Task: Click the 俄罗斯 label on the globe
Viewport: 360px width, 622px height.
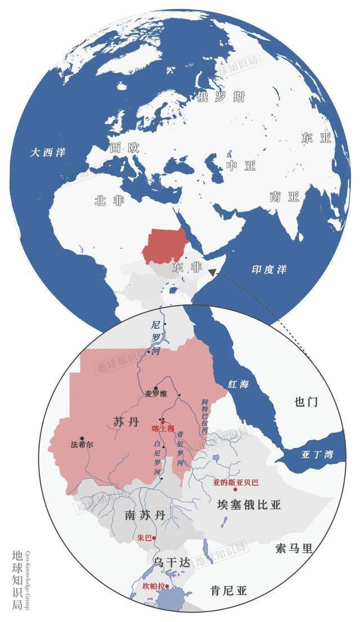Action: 221,97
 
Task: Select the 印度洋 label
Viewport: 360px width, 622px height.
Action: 269,269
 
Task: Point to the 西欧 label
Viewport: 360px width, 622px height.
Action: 124,147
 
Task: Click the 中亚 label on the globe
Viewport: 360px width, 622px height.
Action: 241,165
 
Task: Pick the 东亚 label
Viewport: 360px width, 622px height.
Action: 317,138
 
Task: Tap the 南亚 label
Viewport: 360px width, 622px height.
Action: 284,196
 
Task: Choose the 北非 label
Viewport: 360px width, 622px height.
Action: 109,201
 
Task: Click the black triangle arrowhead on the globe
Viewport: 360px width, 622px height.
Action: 211,272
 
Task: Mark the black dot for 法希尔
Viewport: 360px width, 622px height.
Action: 82,438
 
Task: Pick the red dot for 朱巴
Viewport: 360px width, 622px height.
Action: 155,538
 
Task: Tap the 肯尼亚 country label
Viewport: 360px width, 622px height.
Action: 229,591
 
